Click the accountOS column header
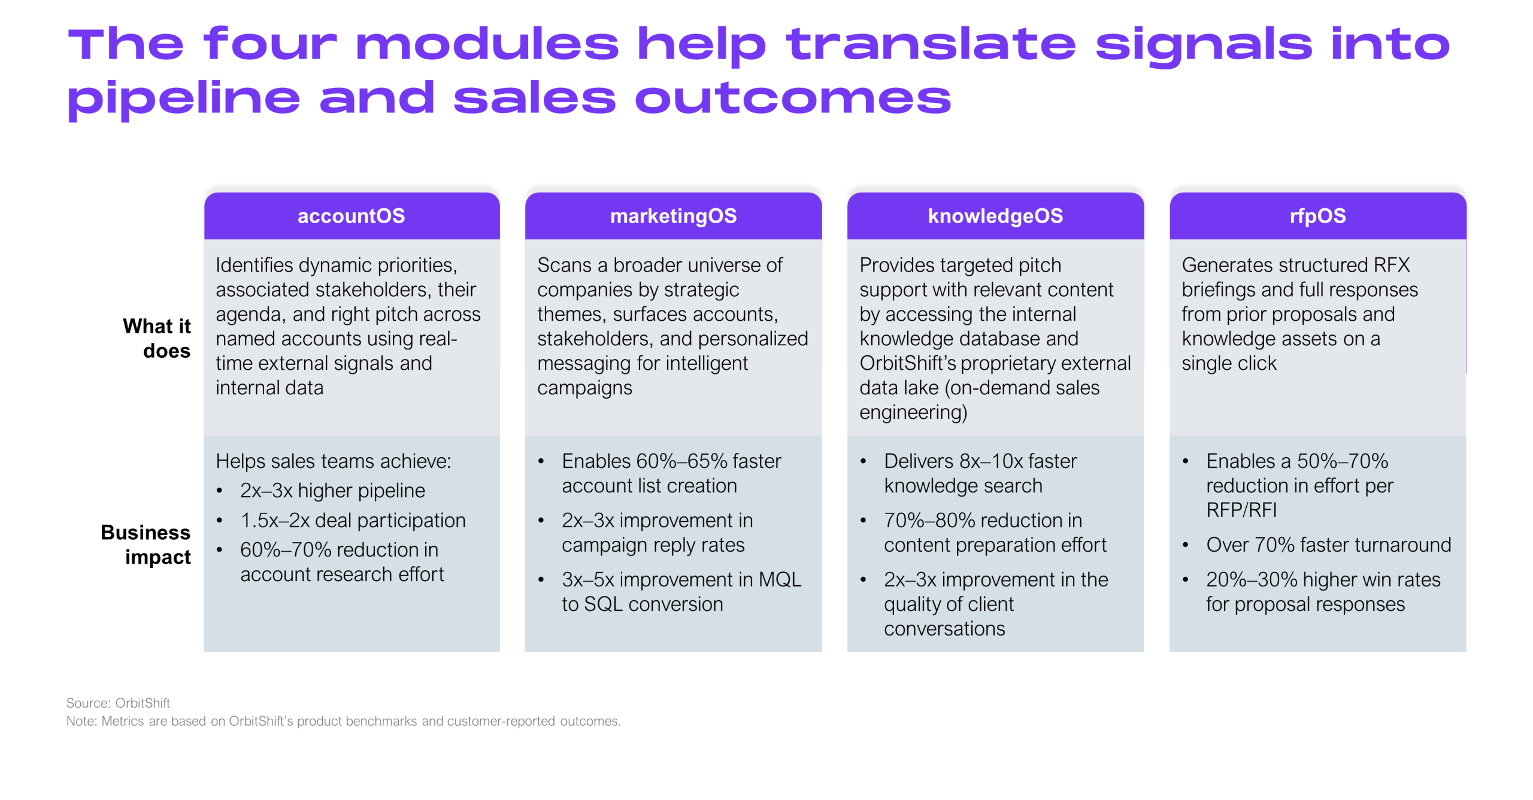coord(352,216)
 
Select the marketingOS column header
coord(673,216)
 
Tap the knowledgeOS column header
coord(995,216)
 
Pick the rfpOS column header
coord(1317,216)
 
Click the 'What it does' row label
coord(157,338)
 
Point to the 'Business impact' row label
coord(146,545)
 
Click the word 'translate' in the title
coord(931,44)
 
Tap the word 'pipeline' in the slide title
coord(183,99)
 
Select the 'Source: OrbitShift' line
coord(118,702)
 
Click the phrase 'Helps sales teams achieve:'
coord(334,461)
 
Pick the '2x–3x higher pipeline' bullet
coord(332,491)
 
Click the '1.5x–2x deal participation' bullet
coord(353,521)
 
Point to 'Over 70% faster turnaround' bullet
coord(1328,545)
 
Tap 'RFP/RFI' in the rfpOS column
coord(1241,510)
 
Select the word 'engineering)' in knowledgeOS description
coord(913,412)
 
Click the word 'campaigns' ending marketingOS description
coord(584,388)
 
